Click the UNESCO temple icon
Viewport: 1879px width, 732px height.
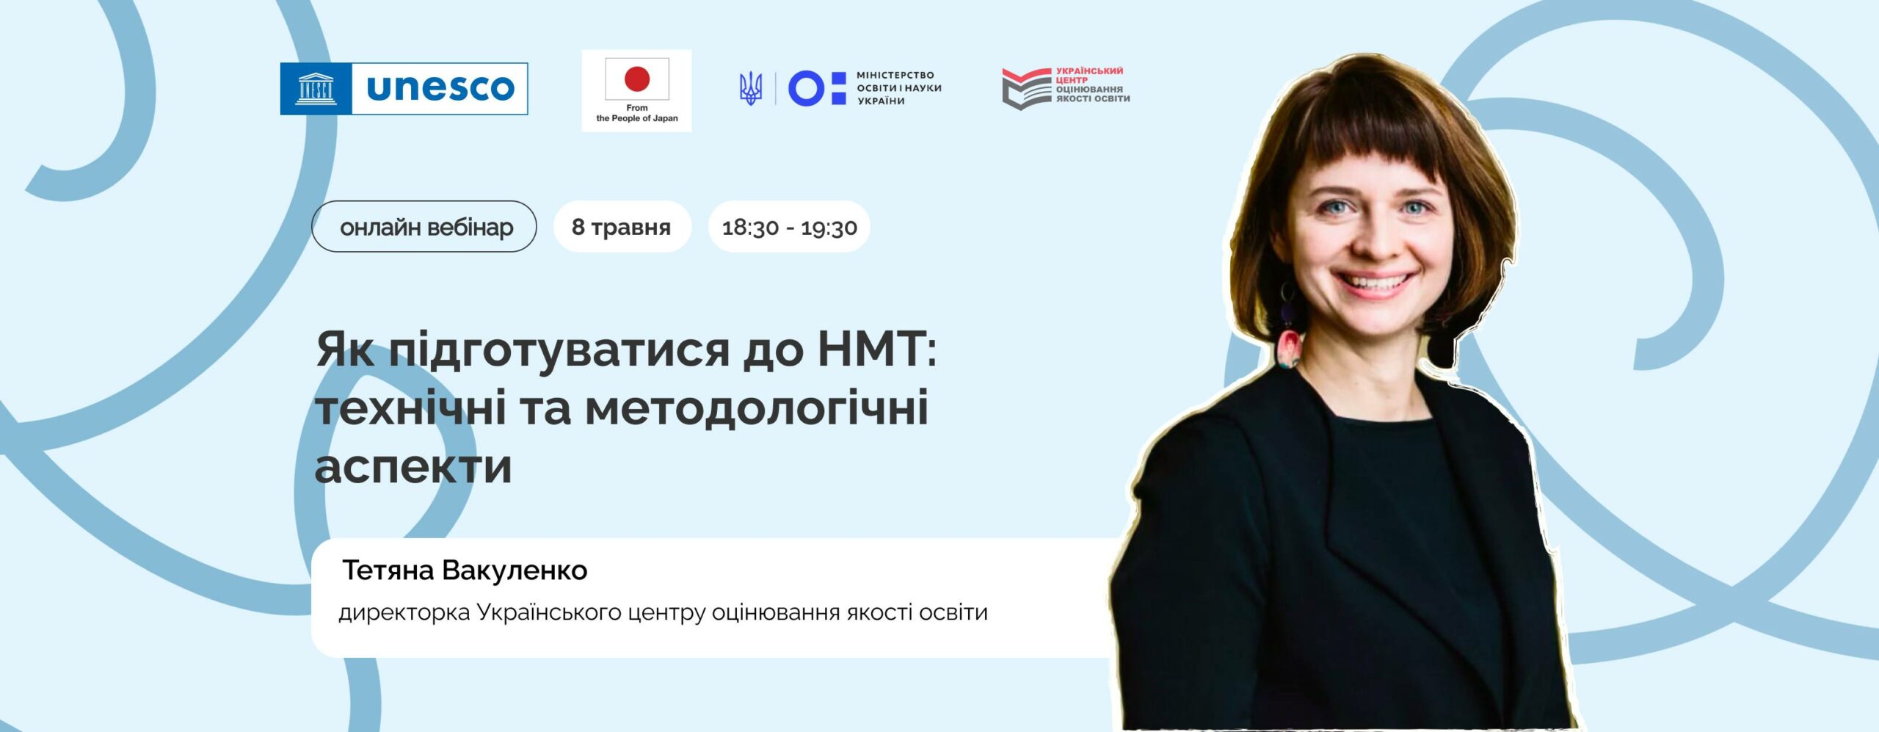pos(316,89)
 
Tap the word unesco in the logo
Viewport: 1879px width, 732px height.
pos(440,88)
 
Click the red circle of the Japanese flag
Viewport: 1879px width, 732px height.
pos(636,79)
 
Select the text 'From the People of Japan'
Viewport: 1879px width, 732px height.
pos(636,113)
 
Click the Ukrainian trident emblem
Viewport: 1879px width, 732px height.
pos(750,89)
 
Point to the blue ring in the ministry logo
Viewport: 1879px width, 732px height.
pos(806,89)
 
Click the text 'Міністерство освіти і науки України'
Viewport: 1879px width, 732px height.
pos(898,88)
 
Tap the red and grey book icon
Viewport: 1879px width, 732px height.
pos(1027,89)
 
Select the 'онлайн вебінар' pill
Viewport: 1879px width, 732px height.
pos(424,227)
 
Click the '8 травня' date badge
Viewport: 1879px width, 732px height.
pos(622,227)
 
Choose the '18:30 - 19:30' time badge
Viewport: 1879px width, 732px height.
pos(789,227)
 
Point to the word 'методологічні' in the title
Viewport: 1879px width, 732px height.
pos(757,408)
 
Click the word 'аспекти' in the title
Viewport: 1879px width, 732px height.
pos(413,467)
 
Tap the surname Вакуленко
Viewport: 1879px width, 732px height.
pos(515,570)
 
